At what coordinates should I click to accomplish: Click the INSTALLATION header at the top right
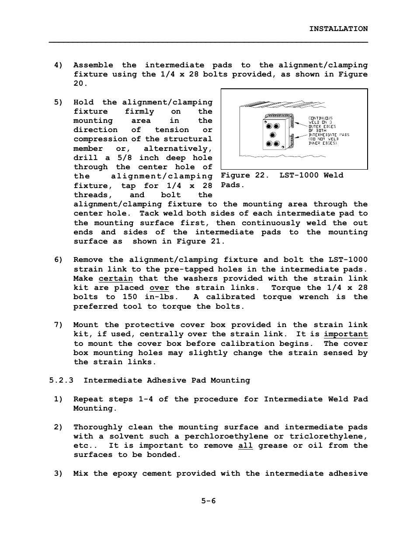point(338,29)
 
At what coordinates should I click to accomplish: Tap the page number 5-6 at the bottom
point(208,501)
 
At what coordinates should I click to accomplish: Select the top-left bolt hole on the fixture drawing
point(269,126)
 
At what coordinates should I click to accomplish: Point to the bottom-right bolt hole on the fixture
point(276,144)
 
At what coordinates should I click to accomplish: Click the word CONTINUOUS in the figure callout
point(320,118)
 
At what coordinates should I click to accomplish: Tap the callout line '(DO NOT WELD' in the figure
point(323,139)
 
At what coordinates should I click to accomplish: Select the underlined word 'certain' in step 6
point(115,279)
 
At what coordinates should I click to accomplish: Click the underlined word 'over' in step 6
point(159,288)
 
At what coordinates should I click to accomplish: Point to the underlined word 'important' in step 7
point(345,334)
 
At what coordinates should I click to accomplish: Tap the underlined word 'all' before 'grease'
point(245,446)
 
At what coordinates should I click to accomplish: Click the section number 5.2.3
point(61,380)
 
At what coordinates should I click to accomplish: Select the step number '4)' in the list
point(59,65)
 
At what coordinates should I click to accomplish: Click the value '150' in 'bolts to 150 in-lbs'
point(130,297)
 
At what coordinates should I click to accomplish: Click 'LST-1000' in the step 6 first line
point(348,260)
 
